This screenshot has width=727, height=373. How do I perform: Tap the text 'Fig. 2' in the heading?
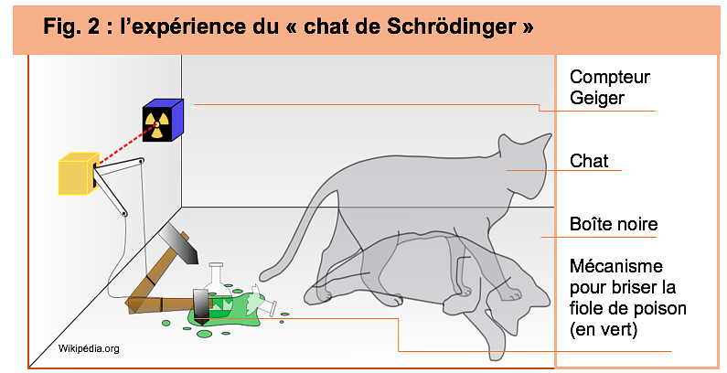tap(71, 27)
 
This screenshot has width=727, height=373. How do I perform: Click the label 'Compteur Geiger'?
tap(610, 87)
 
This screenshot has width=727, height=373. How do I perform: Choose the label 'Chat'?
tap(589, 161)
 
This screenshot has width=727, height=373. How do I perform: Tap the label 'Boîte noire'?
tap(614, 224)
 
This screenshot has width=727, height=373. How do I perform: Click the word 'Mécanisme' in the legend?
tap(615, 266)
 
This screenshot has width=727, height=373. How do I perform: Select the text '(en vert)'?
tap(604, 329)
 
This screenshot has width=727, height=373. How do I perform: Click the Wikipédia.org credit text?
tap(89, 348)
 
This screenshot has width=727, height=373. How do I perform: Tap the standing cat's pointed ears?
tap(524, 143)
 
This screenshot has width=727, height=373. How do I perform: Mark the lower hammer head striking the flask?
tap(202, 306)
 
